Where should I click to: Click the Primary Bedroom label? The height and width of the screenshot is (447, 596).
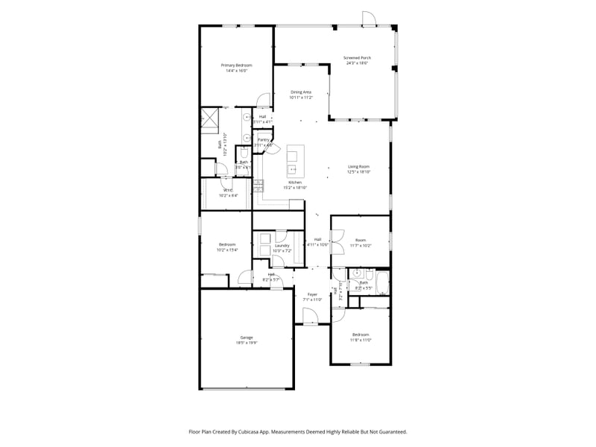[x=237, y=66]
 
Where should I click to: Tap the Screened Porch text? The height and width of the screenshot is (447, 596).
[x=357, y=57]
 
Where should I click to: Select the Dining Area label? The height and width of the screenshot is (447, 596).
[x=301, y=92]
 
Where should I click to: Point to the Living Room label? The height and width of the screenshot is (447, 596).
[x=358, y=166]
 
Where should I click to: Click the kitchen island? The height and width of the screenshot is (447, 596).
[x=293, y=156]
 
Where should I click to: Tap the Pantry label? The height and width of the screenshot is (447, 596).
[x=263, y=139]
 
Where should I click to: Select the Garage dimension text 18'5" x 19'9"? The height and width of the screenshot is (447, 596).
[x=247, y=343]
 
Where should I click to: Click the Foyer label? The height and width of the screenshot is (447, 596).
[x=313, y=294]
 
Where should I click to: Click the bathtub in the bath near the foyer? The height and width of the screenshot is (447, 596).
[x=381, y=282]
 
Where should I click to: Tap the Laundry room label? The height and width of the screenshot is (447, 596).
[x=282, y=245]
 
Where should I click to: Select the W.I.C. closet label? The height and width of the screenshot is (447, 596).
[x=228, y=190]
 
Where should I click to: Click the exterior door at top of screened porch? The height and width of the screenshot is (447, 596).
[x=368, y=19]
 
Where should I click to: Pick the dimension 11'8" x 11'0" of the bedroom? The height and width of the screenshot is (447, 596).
[x=361, y=340]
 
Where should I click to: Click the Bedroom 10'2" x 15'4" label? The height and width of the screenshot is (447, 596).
[x=227, y=244]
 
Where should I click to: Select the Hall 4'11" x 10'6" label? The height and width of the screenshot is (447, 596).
[x=317, y=239]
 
